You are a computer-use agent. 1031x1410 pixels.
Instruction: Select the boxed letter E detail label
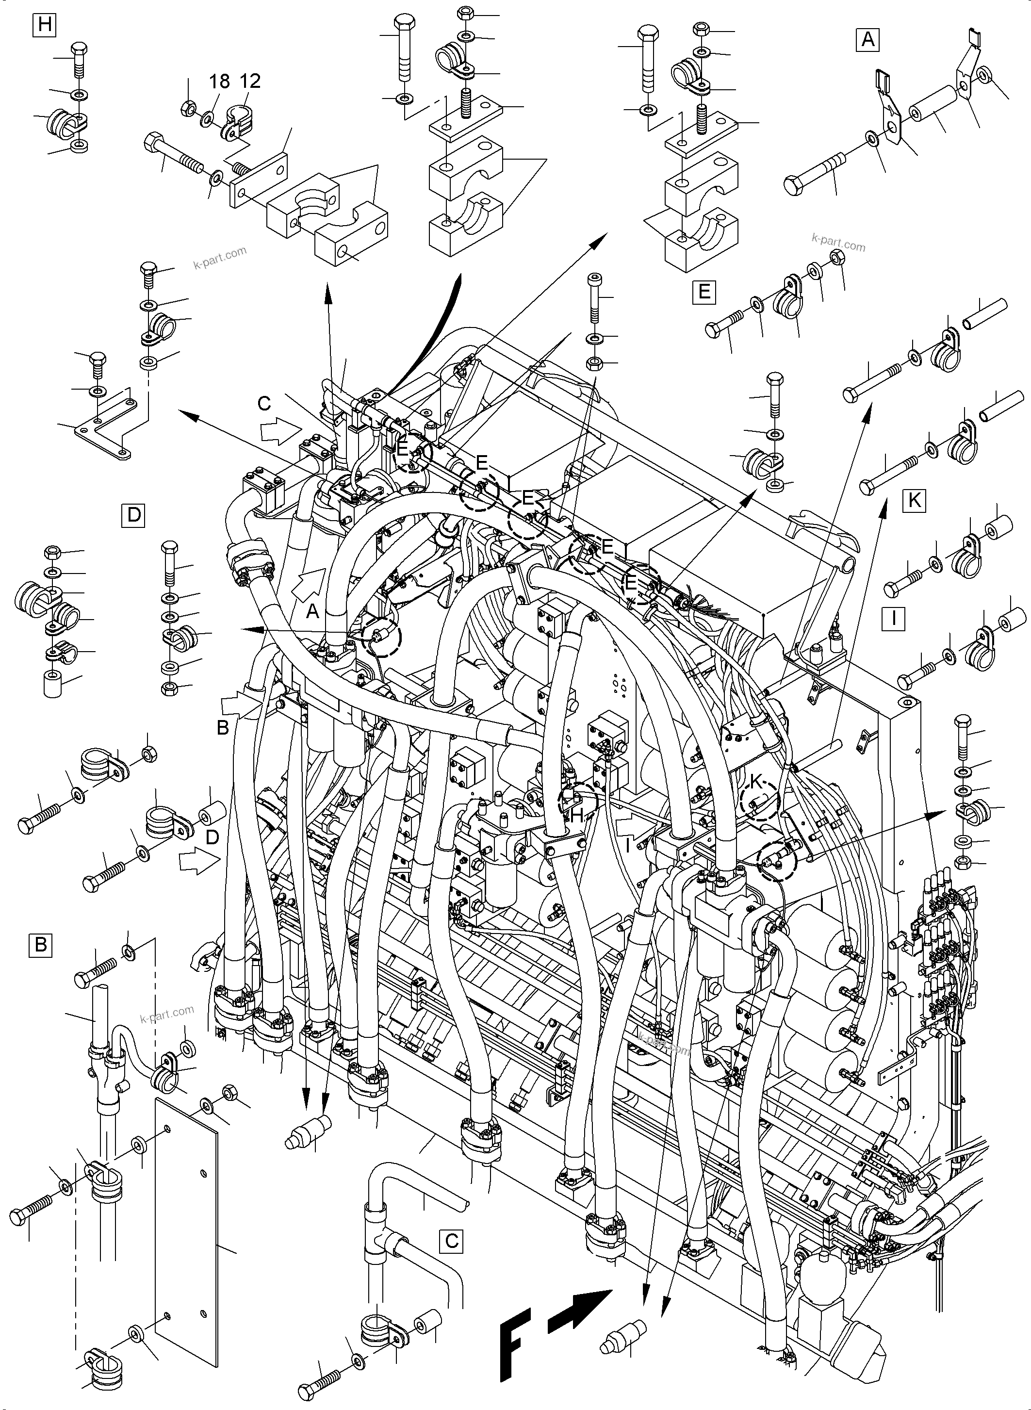tap(704, 292)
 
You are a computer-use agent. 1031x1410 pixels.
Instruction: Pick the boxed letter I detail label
tap(894, 618)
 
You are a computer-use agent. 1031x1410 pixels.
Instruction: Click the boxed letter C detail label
tap(452, 1241)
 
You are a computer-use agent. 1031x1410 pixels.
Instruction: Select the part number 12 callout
tap(250, 81)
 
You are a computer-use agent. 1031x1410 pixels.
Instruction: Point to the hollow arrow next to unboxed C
tap(280, 430)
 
